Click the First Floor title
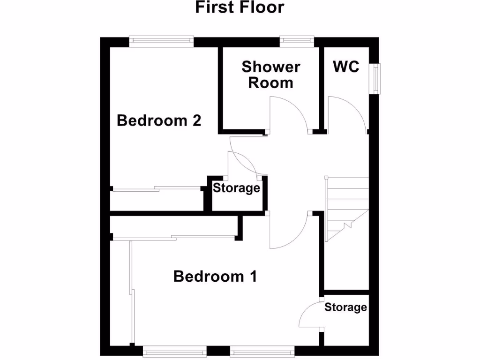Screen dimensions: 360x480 (240, 7)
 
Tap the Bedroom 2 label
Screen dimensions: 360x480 (159, 120)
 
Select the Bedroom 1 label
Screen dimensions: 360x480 (215, 276)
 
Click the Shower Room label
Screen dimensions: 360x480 (271, 75)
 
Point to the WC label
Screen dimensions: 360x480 (346, 67)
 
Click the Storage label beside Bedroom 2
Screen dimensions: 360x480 (236, 188)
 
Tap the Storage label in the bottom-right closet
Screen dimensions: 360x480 (345, 307)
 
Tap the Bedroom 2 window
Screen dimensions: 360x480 (162, 41)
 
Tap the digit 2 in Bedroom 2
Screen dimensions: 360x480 (196, 120)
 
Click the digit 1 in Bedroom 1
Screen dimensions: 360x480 (252, 276)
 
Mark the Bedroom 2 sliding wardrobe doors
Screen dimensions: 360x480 (157, 189)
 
